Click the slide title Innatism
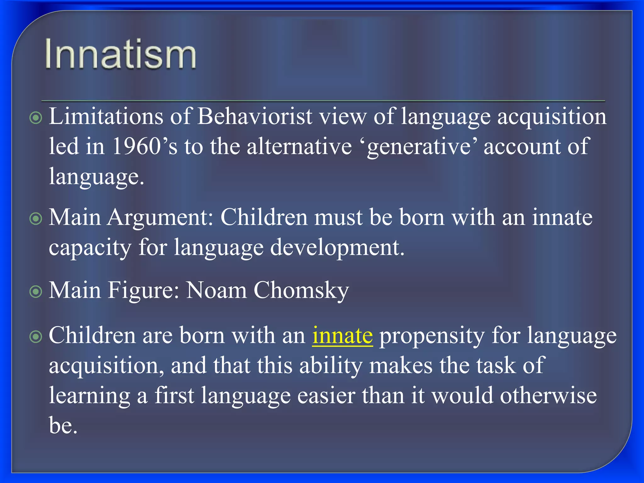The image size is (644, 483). (x=120, y=54)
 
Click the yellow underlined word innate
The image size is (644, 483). (x=342, y=336)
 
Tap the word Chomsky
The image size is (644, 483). (x=301, y=290)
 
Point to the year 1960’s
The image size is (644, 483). (x=144, y=146)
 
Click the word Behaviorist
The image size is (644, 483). (x=255, y=116)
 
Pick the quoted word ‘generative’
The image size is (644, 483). (x=421, y=147)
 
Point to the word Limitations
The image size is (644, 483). (x=106, y=116)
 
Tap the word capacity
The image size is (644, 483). (x=90, y=248)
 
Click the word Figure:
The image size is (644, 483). (x=143, y=291)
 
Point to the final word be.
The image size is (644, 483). (x=63, y=426)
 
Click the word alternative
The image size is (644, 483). (x=299, y=146)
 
